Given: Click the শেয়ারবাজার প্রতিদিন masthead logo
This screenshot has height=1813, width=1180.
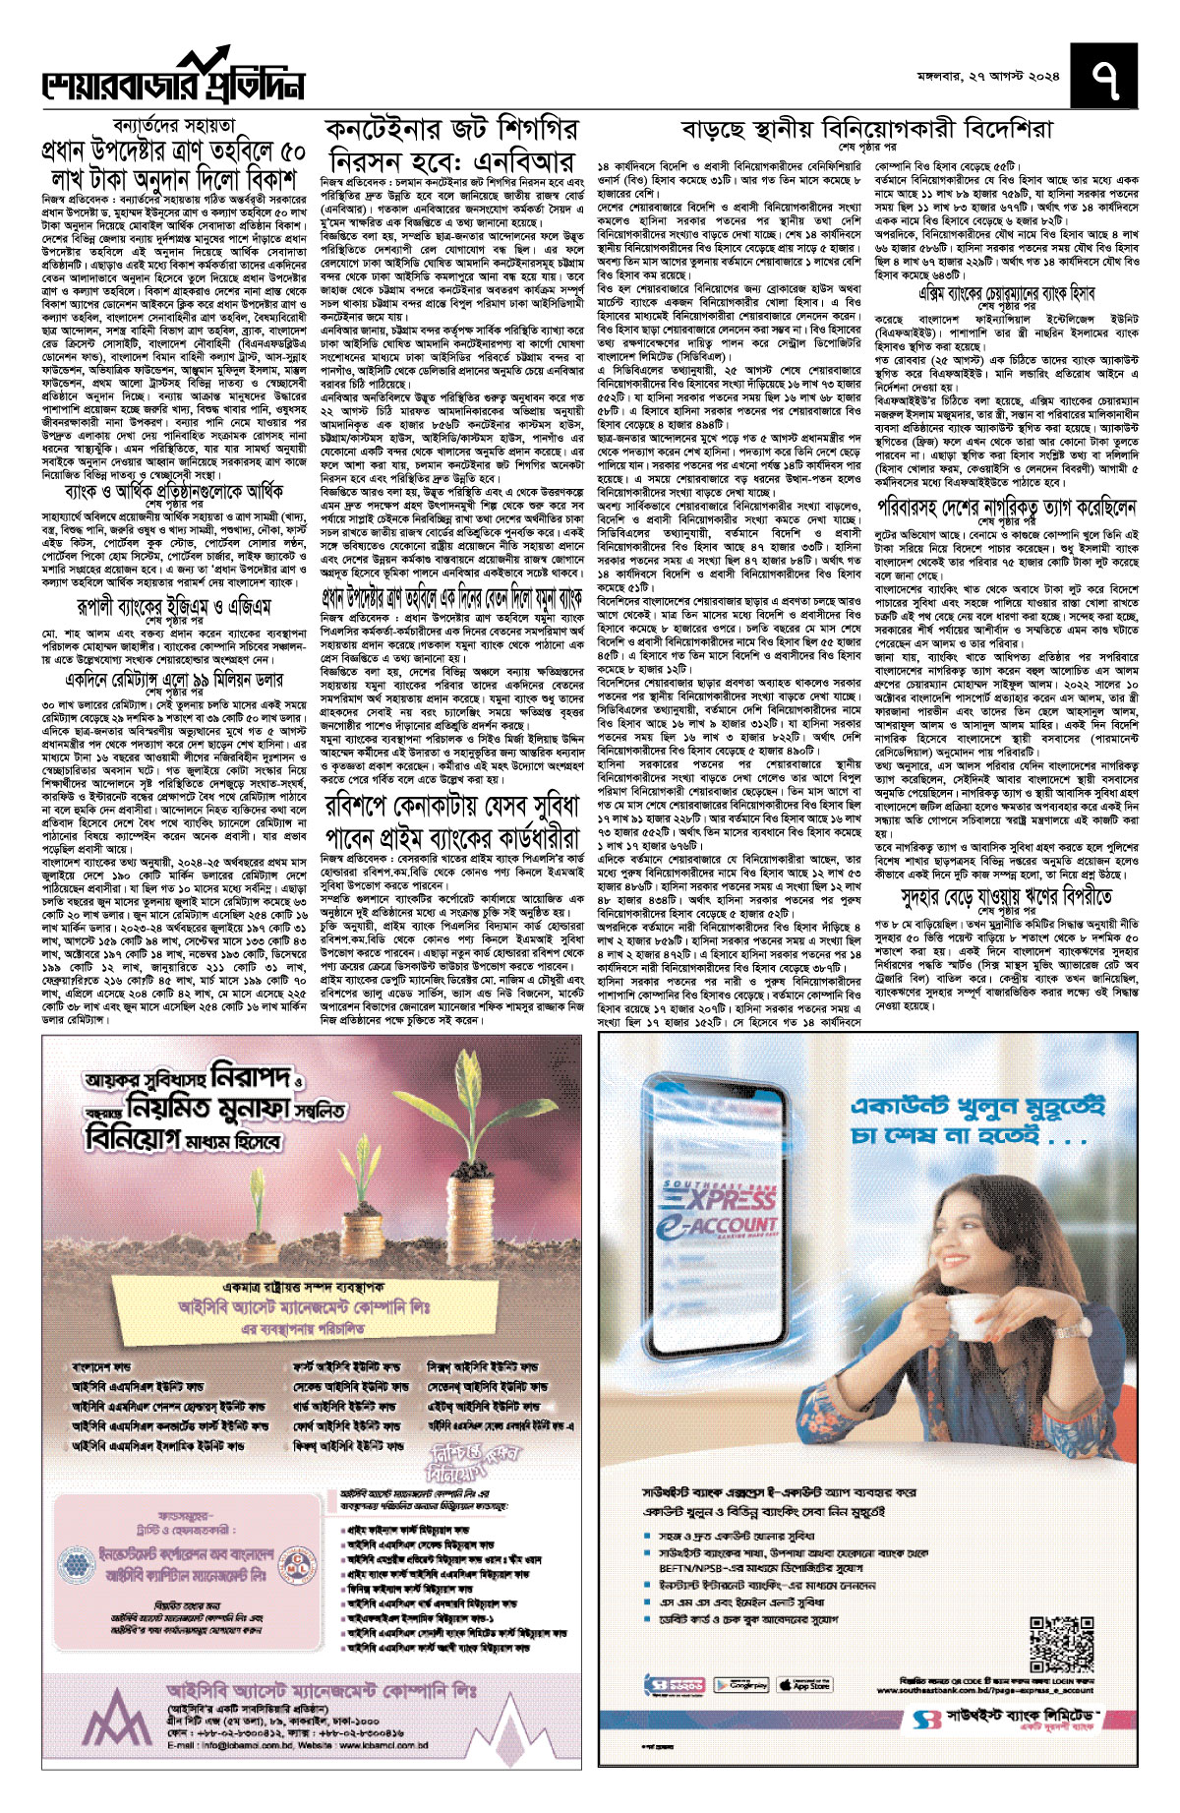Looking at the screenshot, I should (x=173, y=78).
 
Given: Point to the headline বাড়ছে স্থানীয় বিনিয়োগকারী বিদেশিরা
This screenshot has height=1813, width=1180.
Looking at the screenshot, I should (x=866, y=130).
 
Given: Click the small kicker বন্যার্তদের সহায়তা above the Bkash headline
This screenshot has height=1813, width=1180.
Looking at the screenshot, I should (x=160, y=125).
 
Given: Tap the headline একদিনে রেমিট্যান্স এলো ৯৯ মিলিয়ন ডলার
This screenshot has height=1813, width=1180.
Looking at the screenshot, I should (x=175, y=680).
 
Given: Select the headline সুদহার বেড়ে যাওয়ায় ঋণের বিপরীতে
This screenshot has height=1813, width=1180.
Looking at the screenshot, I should (x=1006, y=896).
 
